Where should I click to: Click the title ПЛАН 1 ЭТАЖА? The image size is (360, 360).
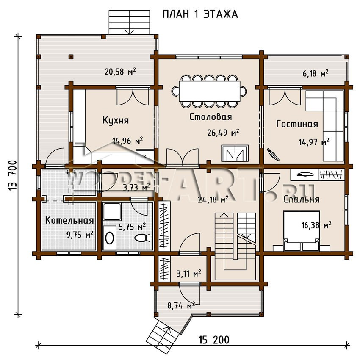(200, 14)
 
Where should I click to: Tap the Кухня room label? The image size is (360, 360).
(116, 120)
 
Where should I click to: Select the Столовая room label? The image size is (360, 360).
(210, 116)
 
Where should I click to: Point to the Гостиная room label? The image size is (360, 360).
(297, 124)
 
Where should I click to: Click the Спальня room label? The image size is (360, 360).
(301, 199)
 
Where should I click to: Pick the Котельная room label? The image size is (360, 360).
(69, 220)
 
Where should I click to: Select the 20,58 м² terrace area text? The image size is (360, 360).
(120, 72)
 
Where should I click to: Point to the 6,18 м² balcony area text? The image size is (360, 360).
(316, 73)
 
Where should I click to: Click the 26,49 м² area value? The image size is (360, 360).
(223, 133)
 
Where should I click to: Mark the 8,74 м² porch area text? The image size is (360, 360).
(181, 306)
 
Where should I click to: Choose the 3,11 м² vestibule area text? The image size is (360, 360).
(189, 274)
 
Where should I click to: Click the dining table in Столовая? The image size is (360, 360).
(209, 91)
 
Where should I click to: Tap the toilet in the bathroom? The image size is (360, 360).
(142, 238)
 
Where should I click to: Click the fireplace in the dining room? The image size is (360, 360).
(235, 153)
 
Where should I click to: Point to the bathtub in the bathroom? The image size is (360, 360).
(110, 238)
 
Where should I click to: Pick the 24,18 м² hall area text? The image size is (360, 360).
(213, 199)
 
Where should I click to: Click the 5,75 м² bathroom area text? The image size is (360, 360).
(132, 227)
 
